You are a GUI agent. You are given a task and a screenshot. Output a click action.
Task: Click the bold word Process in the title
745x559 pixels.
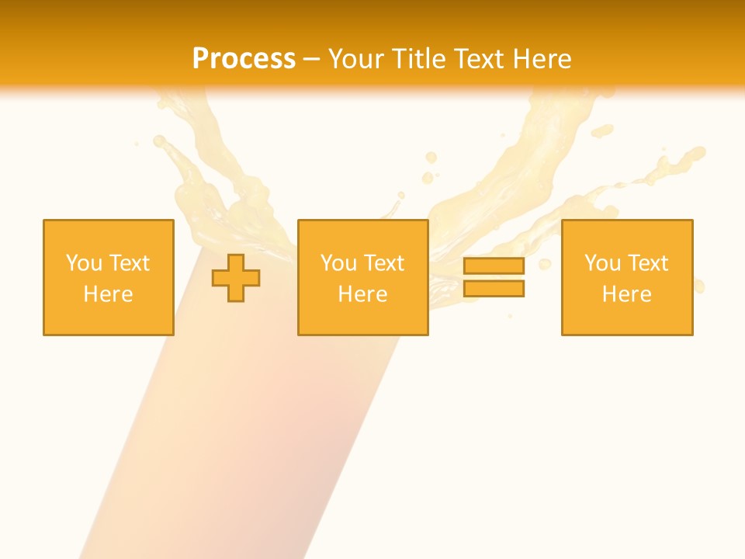[244, 59]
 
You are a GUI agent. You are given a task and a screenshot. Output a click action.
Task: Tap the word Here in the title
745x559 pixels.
[542, 59]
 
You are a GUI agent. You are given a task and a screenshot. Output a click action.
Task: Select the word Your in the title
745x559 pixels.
[356, 59]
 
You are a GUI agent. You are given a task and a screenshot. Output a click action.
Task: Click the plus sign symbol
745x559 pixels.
[236, 278]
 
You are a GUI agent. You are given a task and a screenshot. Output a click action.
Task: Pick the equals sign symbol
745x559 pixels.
[494, 277]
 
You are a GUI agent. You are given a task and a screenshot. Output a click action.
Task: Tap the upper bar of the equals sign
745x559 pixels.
[494, 266]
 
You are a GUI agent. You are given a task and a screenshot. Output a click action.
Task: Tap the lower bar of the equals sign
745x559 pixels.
[494, 288]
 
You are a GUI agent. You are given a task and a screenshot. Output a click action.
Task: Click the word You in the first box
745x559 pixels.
[84, 263]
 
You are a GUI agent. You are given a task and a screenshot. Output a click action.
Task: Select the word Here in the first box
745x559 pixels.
[108, 294]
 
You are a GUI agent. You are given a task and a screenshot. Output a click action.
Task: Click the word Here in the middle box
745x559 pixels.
[362, 294]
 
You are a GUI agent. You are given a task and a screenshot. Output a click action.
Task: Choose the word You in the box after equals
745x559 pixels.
[602, 263]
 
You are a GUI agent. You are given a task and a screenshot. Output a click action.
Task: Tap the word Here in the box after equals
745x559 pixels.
[626, 294]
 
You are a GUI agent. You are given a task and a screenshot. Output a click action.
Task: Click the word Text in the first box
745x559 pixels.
[129, 263]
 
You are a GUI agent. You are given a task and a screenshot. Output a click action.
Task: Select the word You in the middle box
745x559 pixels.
[338, 263]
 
